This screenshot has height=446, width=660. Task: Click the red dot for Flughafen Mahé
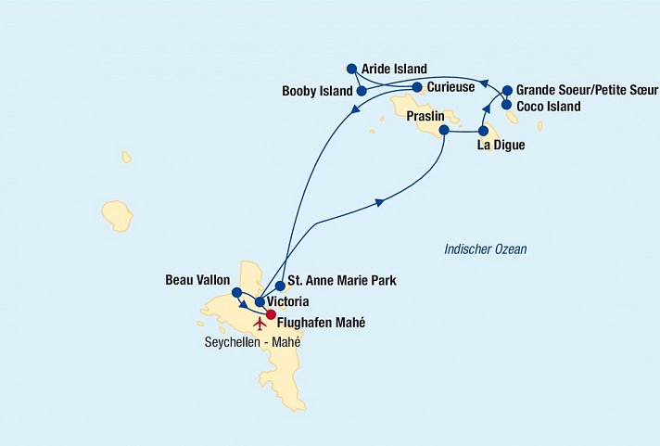271,314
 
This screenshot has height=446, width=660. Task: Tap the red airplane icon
260,325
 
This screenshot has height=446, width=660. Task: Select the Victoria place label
287,302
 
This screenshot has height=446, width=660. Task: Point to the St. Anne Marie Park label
343,279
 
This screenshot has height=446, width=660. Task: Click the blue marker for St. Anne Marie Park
280,287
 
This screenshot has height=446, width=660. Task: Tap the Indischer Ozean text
485,249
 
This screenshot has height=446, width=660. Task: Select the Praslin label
425,117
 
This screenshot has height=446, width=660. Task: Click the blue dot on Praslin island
444,131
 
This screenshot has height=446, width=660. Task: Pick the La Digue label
501,146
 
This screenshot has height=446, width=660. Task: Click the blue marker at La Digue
483,131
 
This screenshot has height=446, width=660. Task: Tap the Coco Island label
548,107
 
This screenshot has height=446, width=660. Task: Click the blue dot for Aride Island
351,69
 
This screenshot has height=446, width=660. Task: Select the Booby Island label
317,91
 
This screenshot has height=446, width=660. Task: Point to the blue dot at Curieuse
417,87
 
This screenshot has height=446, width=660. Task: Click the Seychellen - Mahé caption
252,342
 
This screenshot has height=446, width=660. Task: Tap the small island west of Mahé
118,215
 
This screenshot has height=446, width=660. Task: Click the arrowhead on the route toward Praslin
378,201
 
